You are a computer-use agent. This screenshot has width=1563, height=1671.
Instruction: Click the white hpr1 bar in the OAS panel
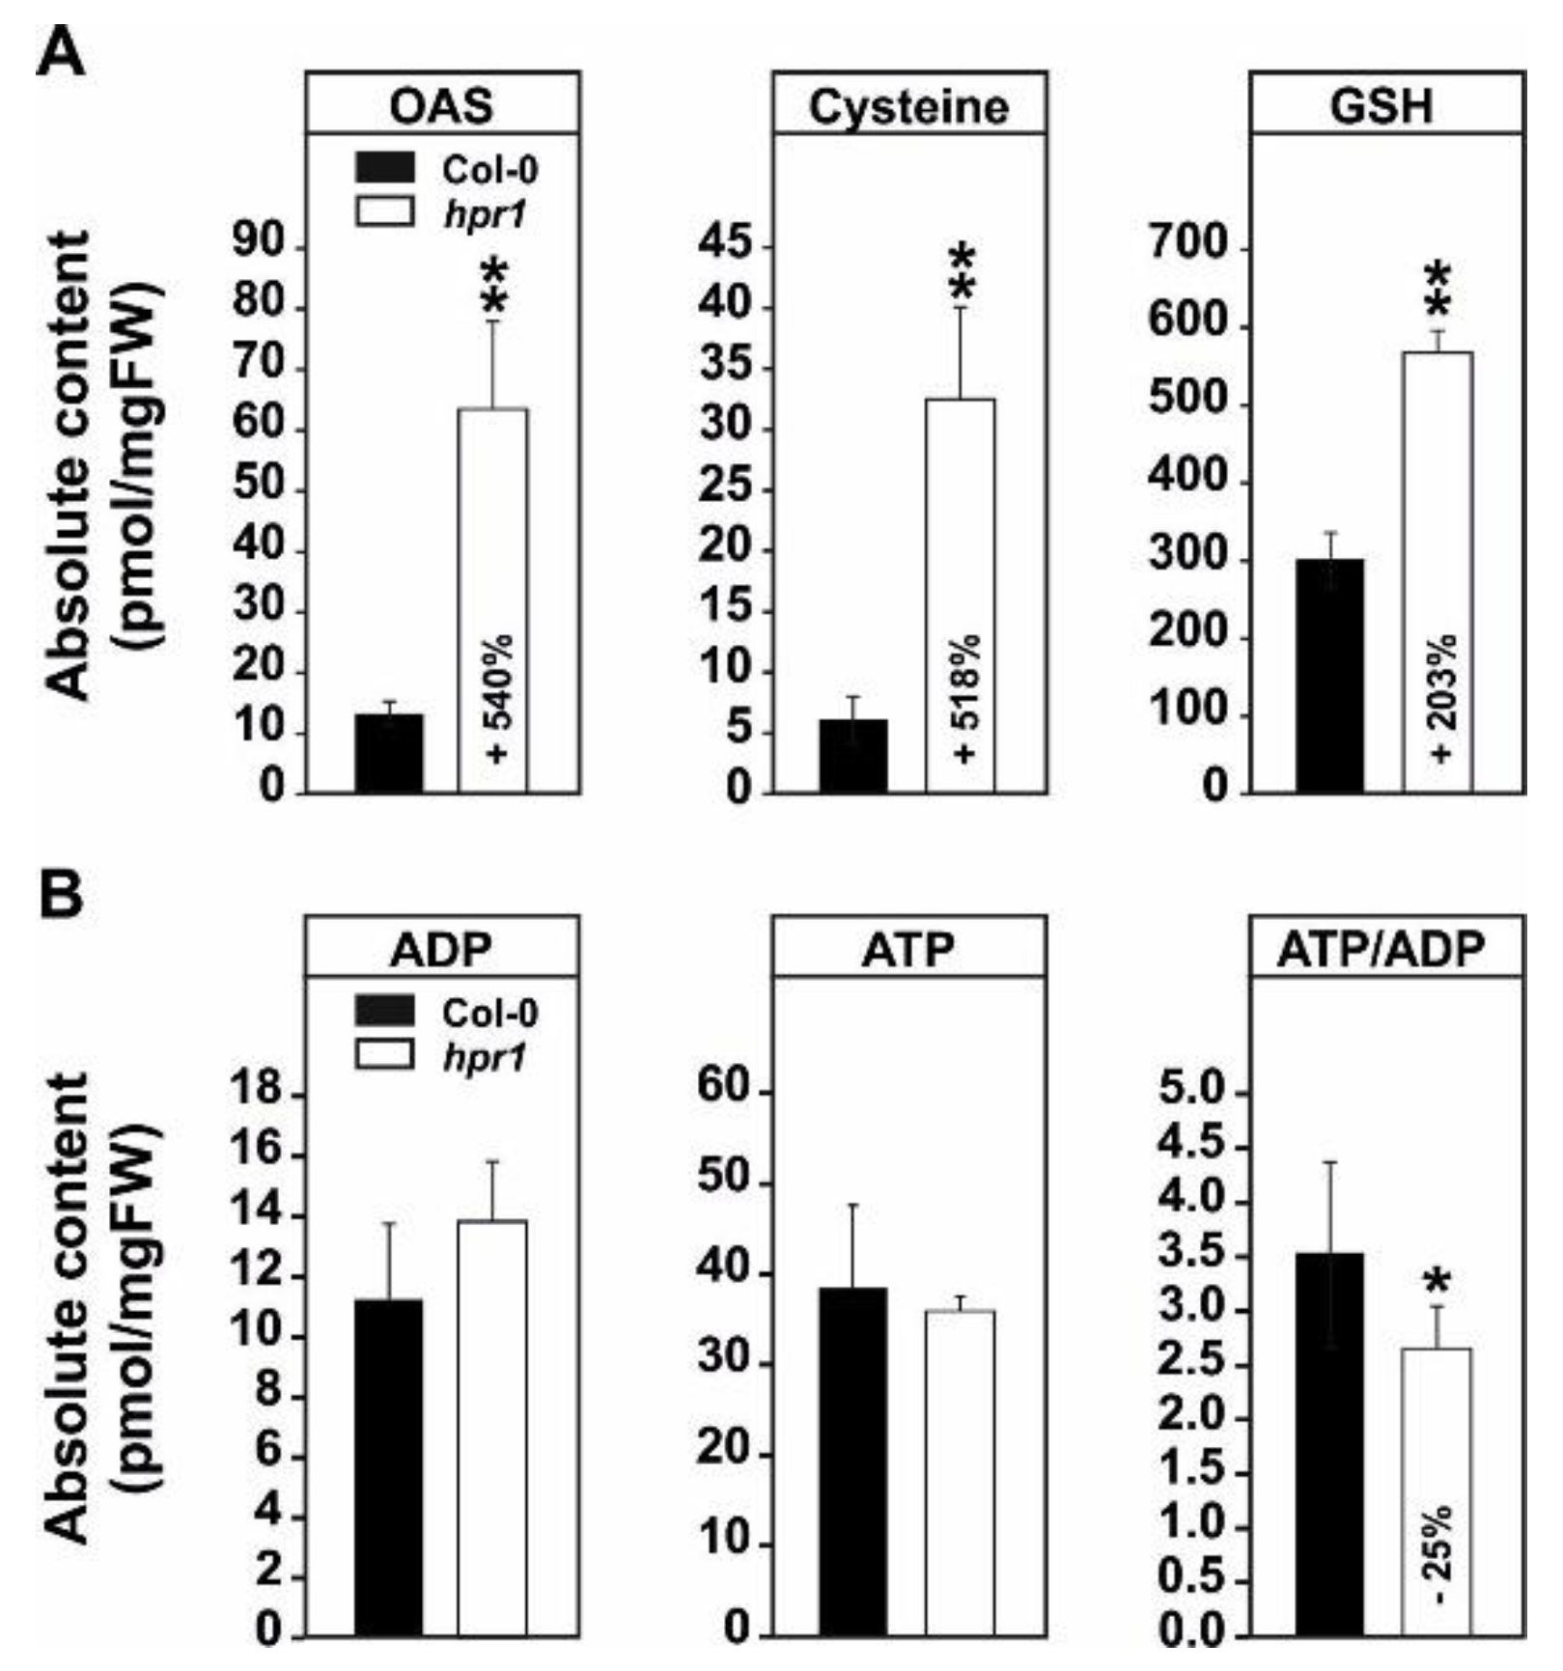click(491, 541)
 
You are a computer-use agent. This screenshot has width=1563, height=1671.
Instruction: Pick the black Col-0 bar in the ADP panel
click(388, 1466)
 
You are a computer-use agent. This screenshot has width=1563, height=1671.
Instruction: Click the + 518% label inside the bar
click(963, 699)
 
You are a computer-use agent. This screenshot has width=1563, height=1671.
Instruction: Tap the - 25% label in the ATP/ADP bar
click(1437, 1554)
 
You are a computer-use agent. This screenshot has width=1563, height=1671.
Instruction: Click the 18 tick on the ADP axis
click(256, 1094)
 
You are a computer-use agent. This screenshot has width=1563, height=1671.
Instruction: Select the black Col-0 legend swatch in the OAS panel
click(385, 168)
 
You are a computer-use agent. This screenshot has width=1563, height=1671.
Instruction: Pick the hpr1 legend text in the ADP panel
click(485, 1058)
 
